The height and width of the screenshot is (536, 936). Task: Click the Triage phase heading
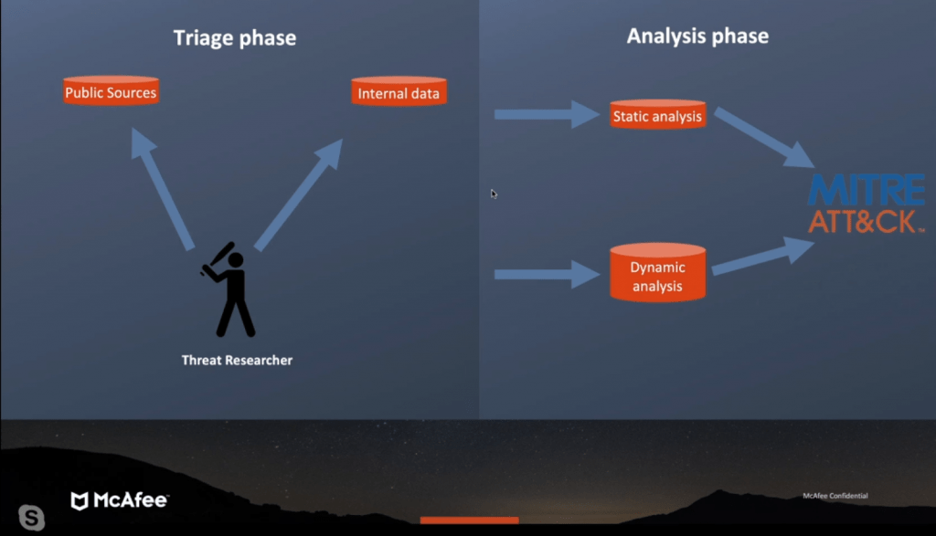tap(235, 38)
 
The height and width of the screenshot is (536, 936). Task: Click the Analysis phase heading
tap(697, 37)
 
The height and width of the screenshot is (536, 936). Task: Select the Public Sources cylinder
tap(111, 90)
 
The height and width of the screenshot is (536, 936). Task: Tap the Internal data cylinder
tap(399, 91)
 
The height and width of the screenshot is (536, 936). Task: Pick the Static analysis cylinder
tap(657, 114)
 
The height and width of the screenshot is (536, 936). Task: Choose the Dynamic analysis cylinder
tap(657, 272)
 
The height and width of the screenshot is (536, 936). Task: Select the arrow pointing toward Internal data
tap(299, 194)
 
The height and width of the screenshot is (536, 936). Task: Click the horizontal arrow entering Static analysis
tap(547, 114)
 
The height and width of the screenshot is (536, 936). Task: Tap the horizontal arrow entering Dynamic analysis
tap(547, 274)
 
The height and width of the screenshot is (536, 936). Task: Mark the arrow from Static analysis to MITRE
tap(764, 138)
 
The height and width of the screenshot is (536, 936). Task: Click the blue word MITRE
tap(867, 190)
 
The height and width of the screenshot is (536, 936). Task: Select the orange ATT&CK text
tap(867, 221)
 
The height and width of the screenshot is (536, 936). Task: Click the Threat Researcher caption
tap(237, 360)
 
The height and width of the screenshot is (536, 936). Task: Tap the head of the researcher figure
tap(236, 260)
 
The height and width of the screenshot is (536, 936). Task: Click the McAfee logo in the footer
tap(120, 500)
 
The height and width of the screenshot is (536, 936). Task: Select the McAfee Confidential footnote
tap(835, 496)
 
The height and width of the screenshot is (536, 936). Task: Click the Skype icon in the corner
tap(32, 517)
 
